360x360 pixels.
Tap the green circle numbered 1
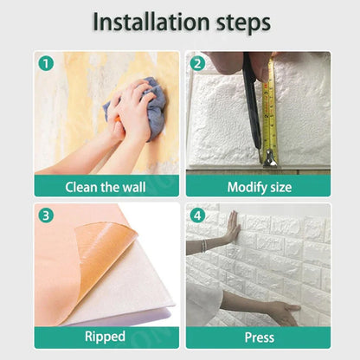(45, 63)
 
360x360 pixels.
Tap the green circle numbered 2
(197, 63)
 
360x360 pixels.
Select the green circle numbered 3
(45, 215)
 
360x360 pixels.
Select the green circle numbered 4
(197, 215)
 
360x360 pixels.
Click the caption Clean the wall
(106, 186)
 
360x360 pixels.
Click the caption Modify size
(258, 186)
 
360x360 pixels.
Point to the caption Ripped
(106, 337)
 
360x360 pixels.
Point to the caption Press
(258, 337)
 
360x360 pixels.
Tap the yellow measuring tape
(269, 112)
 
